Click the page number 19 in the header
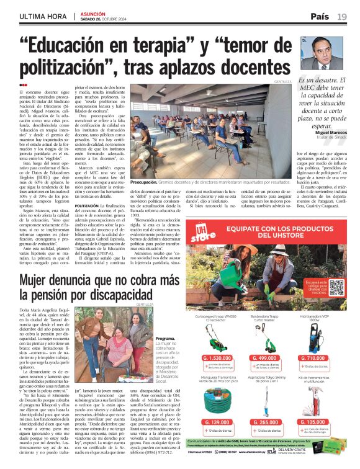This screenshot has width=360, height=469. point(342,16)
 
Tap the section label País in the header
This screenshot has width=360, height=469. point(320,16)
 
